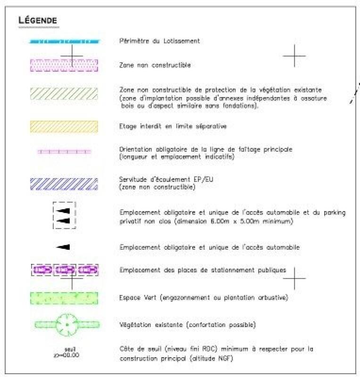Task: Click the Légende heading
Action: tap(37, 20)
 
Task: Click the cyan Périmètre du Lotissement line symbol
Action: tap(65, 41)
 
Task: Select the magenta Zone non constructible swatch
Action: tap(65, 66)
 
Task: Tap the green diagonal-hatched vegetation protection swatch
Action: tap(64, 93)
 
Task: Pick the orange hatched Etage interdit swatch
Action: tap(64, 126)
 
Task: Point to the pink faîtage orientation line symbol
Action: tap(64, 152)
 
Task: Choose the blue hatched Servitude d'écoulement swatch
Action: tap(64, 184)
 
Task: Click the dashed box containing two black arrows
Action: tap(64, 215)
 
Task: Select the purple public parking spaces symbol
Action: tap(65, 270)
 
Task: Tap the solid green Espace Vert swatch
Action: tap(64, 298)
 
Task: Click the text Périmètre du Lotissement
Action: tap(159, 41)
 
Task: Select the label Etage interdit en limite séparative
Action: tap(174, 126)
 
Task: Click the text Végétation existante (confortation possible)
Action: tap(188, 325)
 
